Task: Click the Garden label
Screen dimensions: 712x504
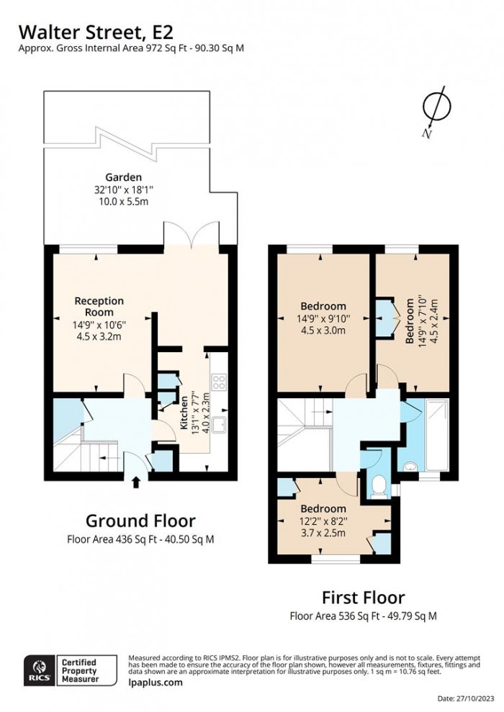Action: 123,176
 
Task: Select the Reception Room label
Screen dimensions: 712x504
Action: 100,307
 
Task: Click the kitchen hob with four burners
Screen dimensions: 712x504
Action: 219,381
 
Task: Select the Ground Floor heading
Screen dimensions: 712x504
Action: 140,520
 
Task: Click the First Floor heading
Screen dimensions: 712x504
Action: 363,597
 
